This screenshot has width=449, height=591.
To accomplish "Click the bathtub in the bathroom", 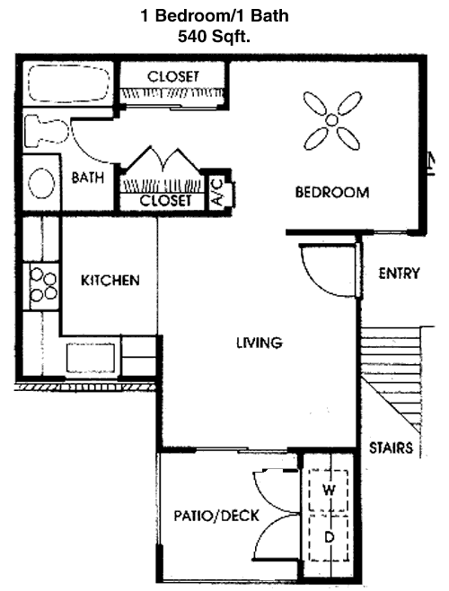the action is pos(68,83).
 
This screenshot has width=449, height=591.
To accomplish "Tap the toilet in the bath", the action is pos(46,131).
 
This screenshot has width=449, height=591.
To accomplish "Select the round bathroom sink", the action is pos(40,184).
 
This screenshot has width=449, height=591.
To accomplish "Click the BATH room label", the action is pos(88,178).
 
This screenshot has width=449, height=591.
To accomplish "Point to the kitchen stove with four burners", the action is pos(42,286).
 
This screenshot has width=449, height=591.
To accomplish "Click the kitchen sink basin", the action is pos(91,358).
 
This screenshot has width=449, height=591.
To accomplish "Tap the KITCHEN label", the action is pos(110,281).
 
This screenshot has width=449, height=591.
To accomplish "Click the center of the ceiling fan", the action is pos(331,120).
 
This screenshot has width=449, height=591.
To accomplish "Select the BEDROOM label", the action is pos(332,192).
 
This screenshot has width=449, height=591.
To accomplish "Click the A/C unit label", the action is pos(218,193).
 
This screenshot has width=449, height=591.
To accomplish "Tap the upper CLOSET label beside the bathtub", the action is pos(172,76).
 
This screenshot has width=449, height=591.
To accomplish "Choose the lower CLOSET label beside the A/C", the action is pos(165,200).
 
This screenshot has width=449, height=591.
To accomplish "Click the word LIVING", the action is pos(260,343).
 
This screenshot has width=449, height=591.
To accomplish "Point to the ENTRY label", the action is pos(399,274).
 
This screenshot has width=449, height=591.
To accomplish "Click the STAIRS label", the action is pos(391,448).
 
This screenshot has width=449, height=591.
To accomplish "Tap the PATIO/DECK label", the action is pos(216,516).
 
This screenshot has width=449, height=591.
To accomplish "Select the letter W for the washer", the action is pos(329,491).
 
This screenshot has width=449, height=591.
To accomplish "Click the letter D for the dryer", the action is pos(330,536).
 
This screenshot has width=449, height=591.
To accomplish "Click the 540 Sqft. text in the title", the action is pos(214,37).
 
